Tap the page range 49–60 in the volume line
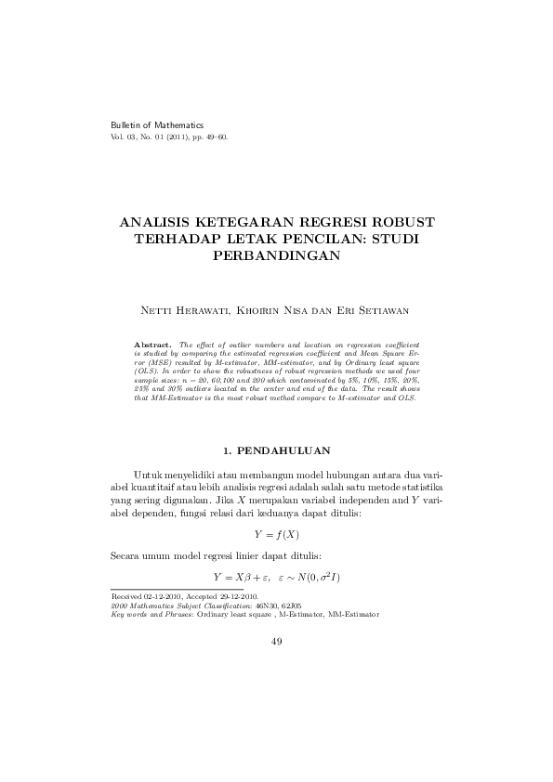pyautogui.click(x=213, y=137)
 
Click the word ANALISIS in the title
pyautogui.click(x=161, y=223)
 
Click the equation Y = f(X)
pyautogui.click(x=276, y=535)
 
